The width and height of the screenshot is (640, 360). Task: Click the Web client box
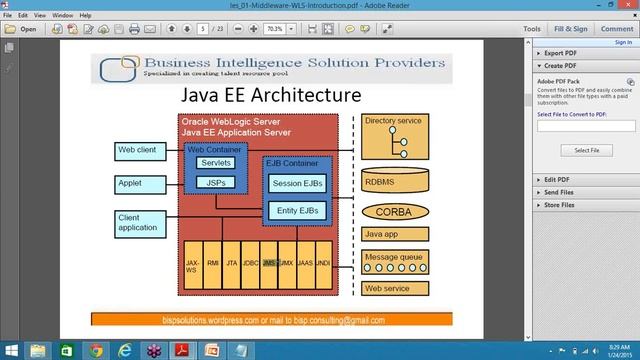click(x=138, y=150)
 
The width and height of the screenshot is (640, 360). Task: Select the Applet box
click(x=138, y=185)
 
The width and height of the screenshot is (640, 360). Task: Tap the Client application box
click(x=138, y=222)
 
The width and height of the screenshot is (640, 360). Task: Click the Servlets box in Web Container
click(x=215, y=162)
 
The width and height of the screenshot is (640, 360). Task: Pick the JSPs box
click(x=215, y=183)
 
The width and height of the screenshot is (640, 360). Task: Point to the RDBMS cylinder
click(x=392, y=182)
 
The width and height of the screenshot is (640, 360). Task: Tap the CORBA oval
click(x=392, y=212)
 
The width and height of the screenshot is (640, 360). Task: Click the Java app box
click(x=392, y=235)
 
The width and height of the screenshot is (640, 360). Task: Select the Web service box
click(x=392, y=288)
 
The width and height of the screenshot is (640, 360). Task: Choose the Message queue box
click(x=392, y=260)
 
